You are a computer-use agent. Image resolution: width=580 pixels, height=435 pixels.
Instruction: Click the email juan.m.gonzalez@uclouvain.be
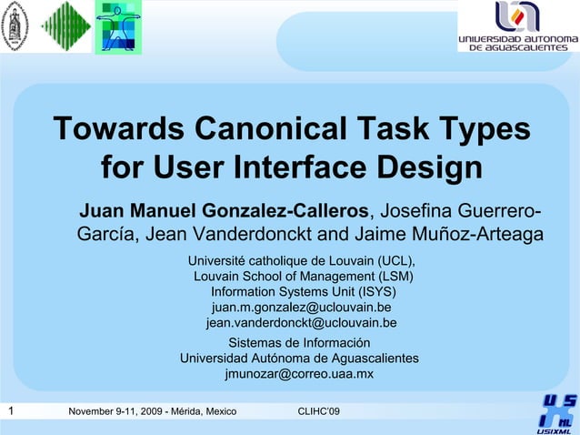coord(301,308)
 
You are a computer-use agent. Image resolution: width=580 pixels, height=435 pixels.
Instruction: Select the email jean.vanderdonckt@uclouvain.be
coord(301,323)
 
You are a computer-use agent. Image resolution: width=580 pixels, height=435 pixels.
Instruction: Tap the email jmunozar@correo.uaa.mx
coord(299,374)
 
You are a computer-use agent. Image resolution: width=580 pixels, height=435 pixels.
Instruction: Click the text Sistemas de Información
coord(299,343)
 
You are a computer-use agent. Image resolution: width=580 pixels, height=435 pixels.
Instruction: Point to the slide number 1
coord(10,411)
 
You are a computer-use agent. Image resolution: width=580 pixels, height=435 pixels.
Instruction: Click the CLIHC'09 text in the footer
coord(319,412)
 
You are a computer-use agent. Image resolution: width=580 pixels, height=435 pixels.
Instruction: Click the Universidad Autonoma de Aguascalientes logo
coord(517,26)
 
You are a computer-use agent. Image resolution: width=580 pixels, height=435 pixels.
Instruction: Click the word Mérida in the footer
coord(186,412)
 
